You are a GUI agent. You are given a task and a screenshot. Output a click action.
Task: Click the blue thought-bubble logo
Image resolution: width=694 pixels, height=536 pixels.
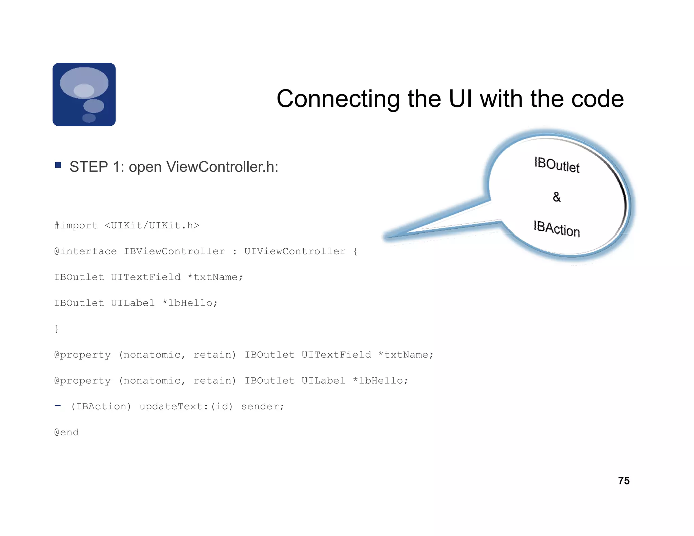tap(84, 95)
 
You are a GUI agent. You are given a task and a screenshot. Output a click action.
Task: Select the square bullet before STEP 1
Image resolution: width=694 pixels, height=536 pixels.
tap(58, 165)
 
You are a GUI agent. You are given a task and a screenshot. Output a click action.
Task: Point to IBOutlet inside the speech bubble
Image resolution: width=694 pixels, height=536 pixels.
tap(557, 165)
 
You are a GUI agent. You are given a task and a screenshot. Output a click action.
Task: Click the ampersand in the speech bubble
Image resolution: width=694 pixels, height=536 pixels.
tap(556, 197)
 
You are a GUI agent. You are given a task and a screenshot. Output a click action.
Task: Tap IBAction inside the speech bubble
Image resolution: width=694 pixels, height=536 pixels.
tap(557, 229)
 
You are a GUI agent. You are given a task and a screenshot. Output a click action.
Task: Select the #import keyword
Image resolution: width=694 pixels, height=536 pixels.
tap(76, 226)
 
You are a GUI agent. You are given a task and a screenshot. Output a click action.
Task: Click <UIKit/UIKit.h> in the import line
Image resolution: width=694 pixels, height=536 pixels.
tap(152, 226)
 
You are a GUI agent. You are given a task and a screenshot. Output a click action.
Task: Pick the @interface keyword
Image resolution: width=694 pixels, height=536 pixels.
tap(85, 251)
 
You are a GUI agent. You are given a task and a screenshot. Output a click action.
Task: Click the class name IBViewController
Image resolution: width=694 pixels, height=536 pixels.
tap(174, 251)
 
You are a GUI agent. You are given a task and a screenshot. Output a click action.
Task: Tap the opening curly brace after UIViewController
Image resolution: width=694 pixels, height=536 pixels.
tap(355, 251)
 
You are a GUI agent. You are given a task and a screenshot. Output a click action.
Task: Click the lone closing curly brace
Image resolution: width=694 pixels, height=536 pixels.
tap(57, 329)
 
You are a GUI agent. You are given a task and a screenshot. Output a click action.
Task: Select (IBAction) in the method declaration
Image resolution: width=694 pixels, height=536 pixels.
tap(101, 407)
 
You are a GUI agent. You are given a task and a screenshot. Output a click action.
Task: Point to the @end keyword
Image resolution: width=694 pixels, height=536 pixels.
tap(66, 432)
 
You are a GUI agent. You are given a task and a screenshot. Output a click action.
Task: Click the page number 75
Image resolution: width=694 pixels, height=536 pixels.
tap(624, 481)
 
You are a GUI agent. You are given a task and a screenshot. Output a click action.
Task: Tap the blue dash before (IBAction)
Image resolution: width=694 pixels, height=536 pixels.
tap(58, 406)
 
